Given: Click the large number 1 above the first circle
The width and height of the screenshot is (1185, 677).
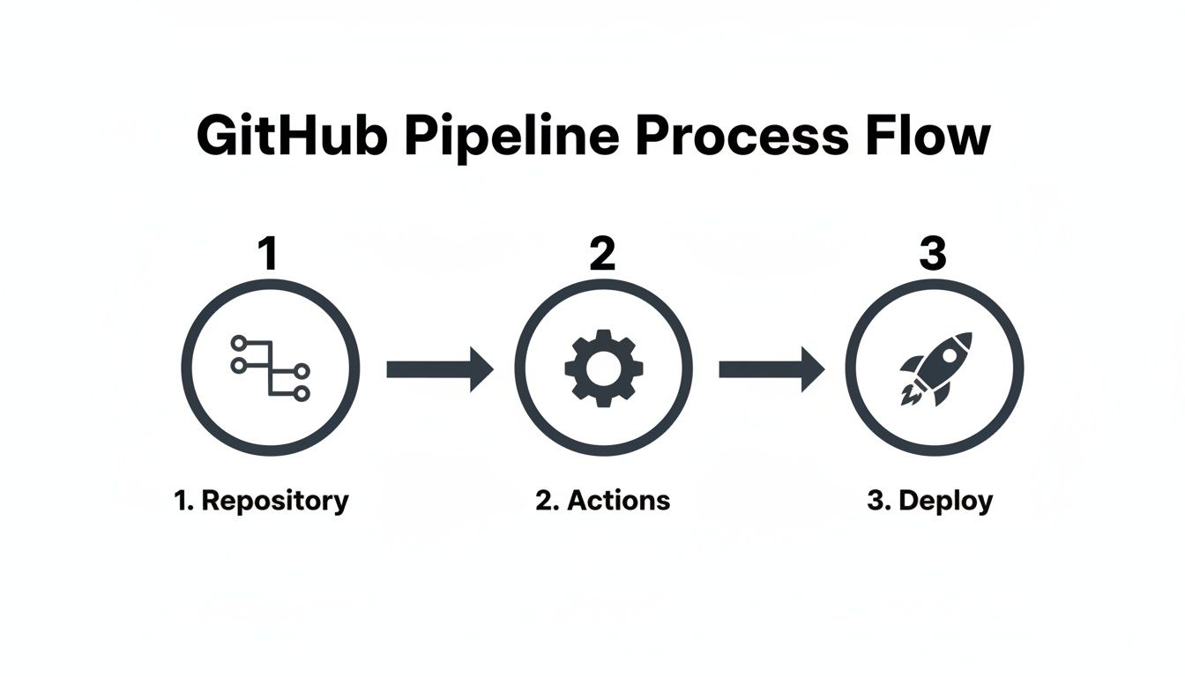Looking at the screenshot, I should pyautogui.click(x=268, y=254).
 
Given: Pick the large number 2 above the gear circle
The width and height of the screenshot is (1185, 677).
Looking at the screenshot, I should pyautogui.click(x=602, y=254).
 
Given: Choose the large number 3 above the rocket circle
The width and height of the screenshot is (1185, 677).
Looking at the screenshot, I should pyautogui.click(x=932, y=254).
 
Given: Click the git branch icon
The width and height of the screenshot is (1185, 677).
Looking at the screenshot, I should pyautogui.click(x=270, y=368).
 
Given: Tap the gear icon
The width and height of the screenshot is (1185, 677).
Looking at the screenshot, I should pyautogui.click(x=604, y=368).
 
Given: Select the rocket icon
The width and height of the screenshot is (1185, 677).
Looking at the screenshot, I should pyautogui.click(x=935, y=368).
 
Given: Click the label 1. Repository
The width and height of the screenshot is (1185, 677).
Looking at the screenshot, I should pyautogui.click(x=261, y=501).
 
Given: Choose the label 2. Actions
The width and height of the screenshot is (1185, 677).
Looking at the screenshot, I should pyautogui.click(x=602, y=501).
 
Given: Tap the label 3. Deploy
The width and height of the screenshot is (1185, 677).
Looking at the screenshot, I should pyautogui.click(x=929, y=501).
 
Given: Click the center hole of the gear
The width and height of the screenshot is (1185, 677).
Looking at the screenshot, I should pyautogui.click(x=604, y=368).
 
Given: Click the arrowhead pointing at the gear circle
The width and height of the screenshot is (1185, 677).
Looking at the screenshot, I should pyautogui.click(x=480, y=368).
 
